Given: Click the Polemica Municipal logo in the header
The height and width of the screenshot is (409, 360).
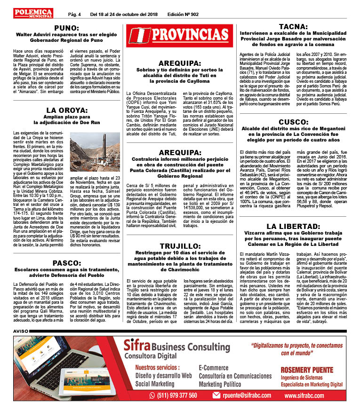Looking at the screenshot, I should (x=33, y=13).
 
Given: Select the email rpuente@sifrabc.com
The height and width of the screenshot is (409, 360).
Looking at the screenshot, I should (x=245, y=395).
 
